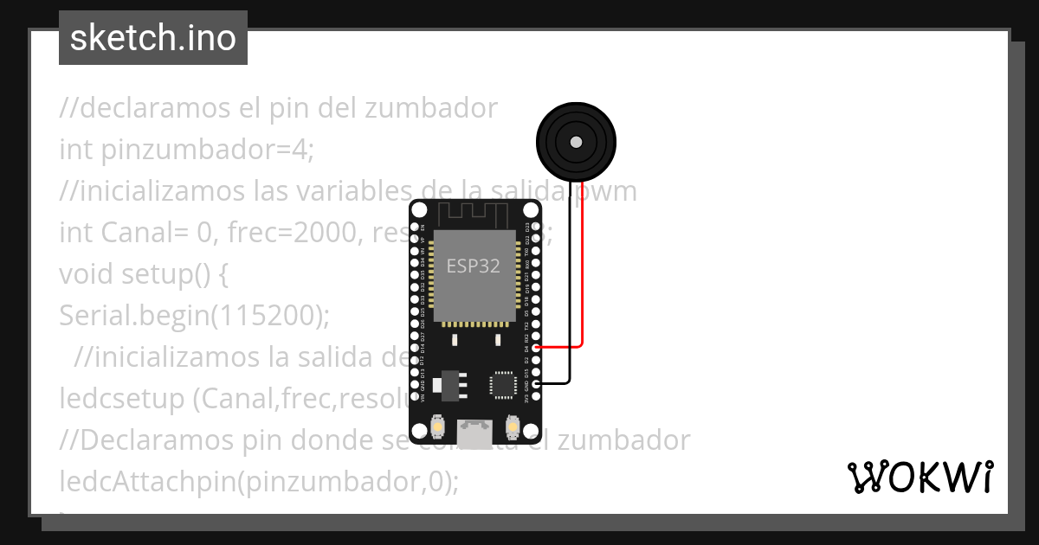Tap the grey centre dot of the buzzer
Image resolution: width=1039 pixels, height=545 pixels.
coord(575,141)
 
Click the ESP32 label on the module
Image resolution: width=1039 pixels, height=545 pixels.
coord(473,266)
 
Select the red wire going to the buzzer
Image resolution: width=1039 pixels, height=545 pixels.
coord(582,277)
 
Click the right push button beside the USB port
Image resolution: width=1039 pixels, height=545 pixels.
coord(513,427)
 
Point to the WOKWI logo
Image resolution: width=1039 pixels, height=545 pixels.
coord(920,477)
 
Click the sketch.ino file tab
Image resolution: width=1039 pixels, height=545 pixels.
coord(153,38)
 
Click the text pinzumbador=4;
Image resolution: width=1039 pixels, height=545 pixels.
coord(207,150)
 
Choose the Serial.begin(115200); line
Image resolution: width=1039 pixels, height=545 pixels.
coord(195,316)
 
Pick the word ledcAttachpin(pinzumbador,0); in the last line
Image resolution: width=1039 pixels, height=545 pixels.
coord(258,481)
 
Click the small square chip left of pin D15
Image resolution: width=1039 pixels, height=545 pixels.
coord(503,384)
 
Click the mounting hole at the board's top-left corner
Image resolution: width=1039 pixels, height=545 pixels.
coord(420,210)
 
